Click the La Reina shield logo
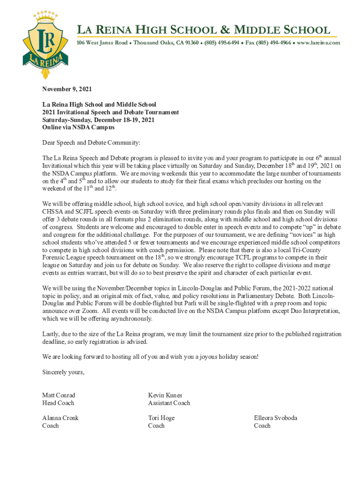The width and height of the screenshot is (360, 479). [45, 44]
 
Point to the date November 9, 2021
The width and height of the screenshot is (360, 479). [67, 89]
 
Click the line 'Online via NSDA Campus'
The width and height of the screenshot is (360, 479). [78, 127]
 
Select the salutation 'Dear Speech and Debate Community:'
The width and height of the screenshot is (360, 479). [91, 142]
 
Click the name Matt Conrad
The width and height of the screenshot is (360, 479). [58, 395]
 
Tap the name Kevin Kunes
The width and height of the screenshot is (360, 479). [165, 395]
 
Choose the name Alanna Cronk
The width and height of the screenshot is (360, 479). [60, 418]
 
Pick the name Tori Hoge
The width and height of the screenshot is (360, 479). [161, 418]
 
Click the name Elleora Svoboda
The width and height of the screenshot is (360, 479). [275, 418]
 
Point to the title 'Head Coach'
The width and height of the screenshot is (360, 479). [58, 403]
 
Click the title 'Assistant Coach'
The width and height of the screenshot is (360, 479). [169, 403]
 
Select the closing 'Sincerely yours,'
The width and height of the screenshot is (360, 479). [63, 372]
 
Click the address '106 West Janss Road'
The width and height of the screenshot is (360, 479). [102, 43]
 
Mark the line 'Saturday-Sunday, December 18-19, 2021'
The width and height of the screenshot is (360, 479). [98, 120]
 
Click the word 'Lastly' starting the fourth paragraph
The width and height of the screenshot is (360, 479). [50, 334]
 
